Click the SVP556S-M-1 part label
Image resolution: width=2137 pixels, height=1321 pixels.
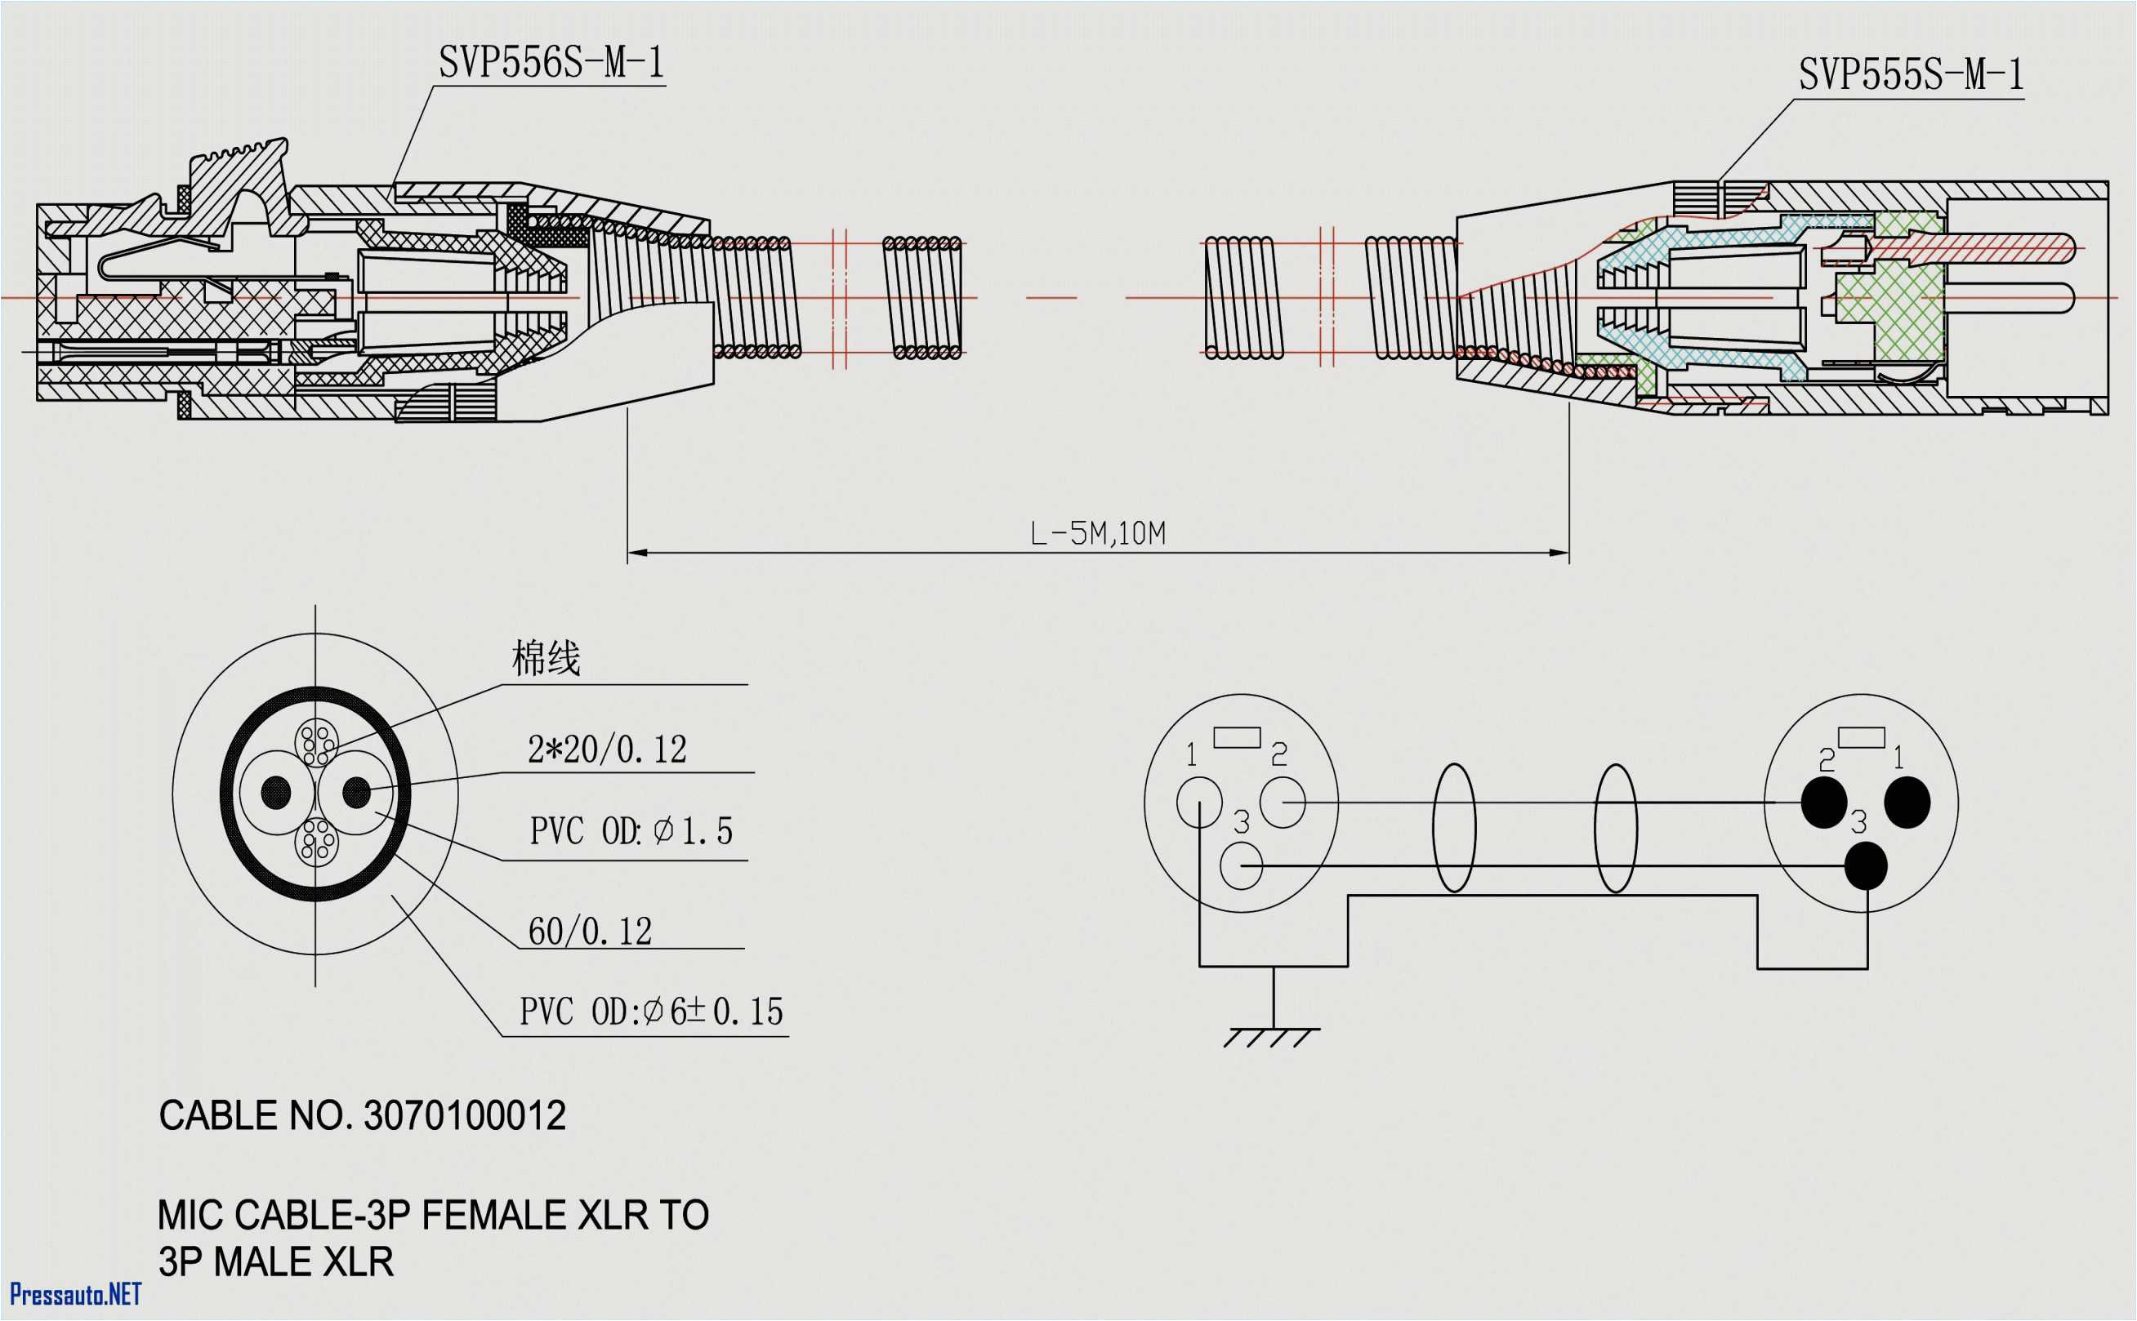(x=551, y=63)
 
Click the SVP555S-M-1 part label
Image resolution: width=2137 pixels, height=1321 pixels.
(x=1911, y=75)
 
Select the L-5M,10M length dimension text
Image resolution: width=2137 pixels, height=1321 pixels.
(x=1098, y=533)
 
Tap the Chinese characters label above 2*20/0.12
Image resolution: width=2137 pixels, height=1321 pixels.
(x=546, y=658)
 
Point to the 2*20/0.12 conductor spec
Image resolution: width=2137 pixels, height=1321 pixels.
(x=607, y=749)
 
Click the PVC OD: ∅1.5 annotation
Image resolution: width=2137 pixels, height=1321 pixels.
(x=631, y=831)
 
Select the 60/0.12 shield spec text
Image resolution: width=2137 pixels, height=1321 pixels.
(x=590, y=932)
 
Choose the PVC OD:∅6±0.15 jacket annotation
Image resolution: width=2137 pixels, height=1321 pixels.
(x=651, y=1012)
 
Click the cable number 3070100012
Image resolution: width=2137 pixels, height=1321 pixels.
(x=464, y=1116)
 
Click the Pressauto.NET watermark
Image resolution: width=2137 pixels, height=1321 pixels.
(x=75, y=1293)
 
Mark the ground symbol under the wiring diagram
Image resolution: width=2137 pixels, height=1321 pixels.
(x=1273, y=1035)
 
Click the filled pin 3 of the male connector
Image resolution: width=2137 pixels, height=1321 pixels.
(x=1865, y=865)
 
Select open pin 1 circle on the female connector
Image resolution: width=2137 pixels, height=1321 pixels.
(x=1199, y=801)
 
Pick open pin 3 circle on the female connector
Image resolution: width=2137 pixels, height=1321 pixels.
(x=1241, y=865)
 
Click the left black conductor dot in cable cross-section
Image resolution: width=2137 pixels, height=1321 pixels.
(x=276, y=793)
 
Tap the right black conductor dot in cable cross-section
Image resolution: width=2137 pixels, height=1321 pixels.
(x=357, y=793)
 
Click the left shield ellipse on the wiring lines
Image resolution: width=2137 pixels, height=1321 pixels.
(x=1453, y=827)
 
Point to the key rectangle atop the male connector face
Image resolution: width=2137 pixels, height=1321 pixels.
(x=1861, y=737)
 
